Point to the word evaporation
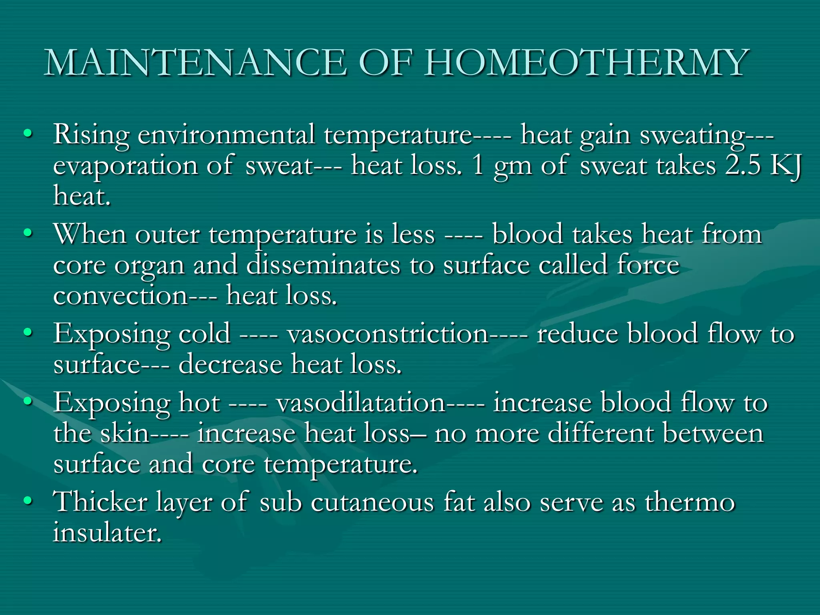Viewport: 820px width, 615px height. coord(125,166)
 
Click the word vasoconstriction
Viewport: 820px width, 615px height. coord(388,334)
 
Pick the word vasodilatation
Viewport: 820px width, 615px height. coord(360,402)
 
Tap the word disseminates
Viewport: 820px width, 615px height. coord(323,265)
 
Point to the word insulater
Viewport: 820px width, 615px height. coord(107,533)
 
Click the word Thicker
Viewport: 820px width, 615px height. coord(100,502)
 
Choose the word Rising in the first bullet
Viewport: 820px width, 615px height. coord(91,135)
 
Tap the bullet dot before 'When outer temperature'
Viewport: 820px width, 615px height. coord(27,233)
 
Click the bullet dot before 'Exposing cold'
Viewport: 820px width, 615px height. coord(27,332)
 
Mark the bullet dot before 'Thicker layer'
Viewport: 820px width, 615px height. coord(27,501)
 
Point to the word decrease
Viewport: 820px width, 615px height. coord(230,364)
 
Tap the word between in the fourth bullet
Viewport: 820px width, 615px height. coord(713,433)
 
